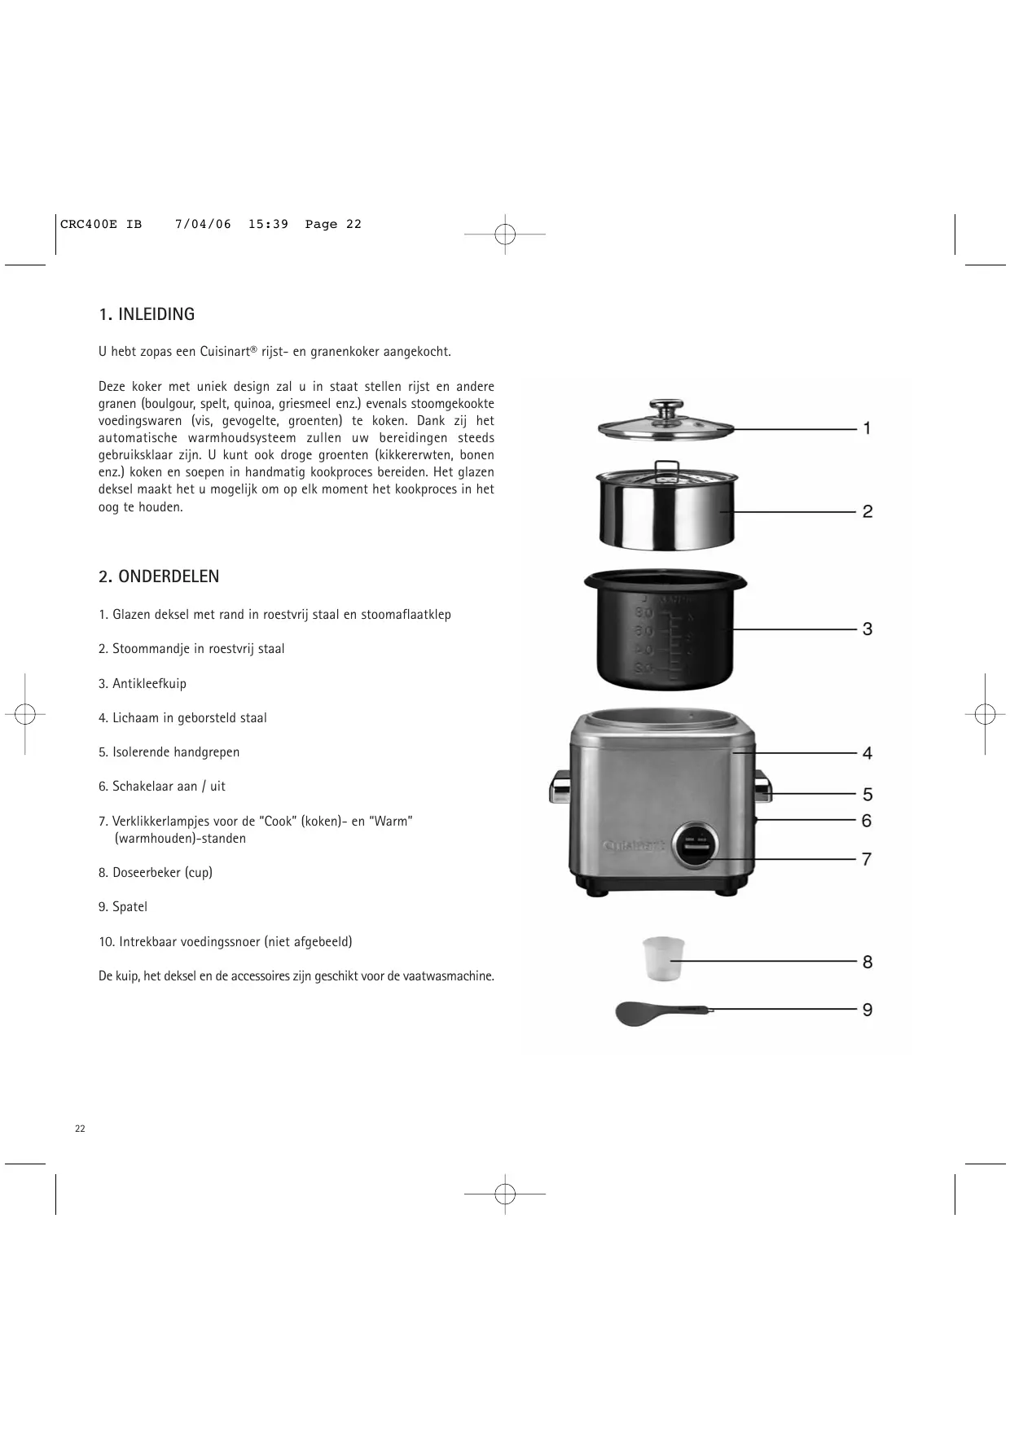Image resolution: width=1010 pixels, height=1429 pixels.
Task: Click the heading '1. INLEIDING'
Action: pyautogui.click(x=147, y=314)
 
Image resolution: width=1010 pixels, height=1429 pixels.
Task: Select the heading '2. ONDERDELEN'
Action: pyautogui.click(x=159, y=576)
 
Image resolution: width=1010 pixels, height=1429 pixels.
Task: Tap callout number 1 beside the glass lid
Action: pyautogui.click(x=867, y=428)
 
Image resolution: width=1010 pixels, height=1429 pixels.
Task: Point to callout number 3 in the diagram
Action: pyautogui.click(x=867, y=629)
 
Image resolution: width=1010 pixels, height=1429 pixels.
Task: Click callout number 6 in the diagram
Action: pyautogui.click(x=867, y=821)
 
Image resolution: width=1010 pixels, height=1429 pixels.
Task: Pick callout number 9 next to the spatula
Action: pyautogui.click(x=867, y=1010)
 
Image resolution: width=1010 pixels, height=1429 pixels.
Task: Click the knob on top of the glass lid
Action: pyautogui.click(x=666, y=407)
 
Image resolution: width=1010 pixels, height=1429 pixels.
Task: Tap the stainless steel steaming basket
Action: pyautogui.click(x=666, y=509)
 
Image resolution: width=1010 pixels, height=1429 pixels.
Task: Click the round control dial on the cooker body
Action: pyautogui.click(x=696, y=845)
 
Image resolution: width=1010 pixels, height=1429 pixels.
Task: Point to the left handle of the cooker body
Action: pyautogui.click(x=560, y=786)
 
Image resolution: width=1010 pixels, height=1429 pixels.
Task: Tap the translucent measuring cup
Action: pyautogui.click(x=663, y=958)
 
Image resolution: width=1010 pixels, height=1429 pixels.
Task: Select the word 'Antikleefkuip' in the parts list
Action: pyautogui.click(x=149, y=684)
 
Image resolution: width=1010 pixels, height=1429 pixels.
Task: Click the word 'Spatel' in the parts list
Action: pyautogui.click(x=130, y=907)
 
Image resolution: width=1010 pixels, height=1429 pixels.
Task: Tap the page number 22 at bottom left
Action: pyautogui.click(x=80, y=1129)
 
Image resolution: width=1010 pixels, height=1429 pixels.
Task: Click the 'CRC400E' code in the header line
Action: pyautogui.click(x=89, y=225)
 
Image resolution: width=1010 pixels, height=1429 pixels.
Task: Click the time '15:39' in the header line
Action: pyautogui.click(x=268, y=225)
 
